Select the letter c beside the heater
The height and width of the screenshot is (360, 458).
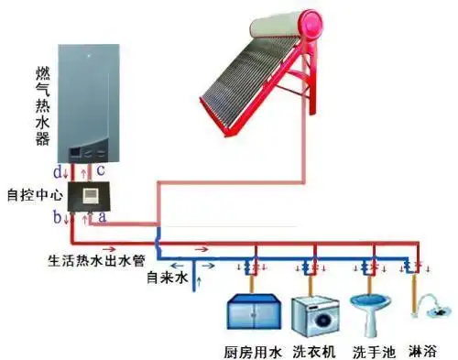pos(103,170)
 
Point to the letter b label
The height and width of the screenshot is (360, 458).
pos(57,217)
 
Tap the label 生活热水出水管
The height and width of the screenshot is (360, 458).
pos(89,259)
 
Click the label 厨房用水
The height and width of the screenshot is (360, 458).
pos(250,349)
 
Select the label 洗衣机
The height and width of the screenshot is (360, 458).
pos(311,349)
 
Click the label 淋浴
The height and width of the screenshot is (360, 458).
pos(423,349)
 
